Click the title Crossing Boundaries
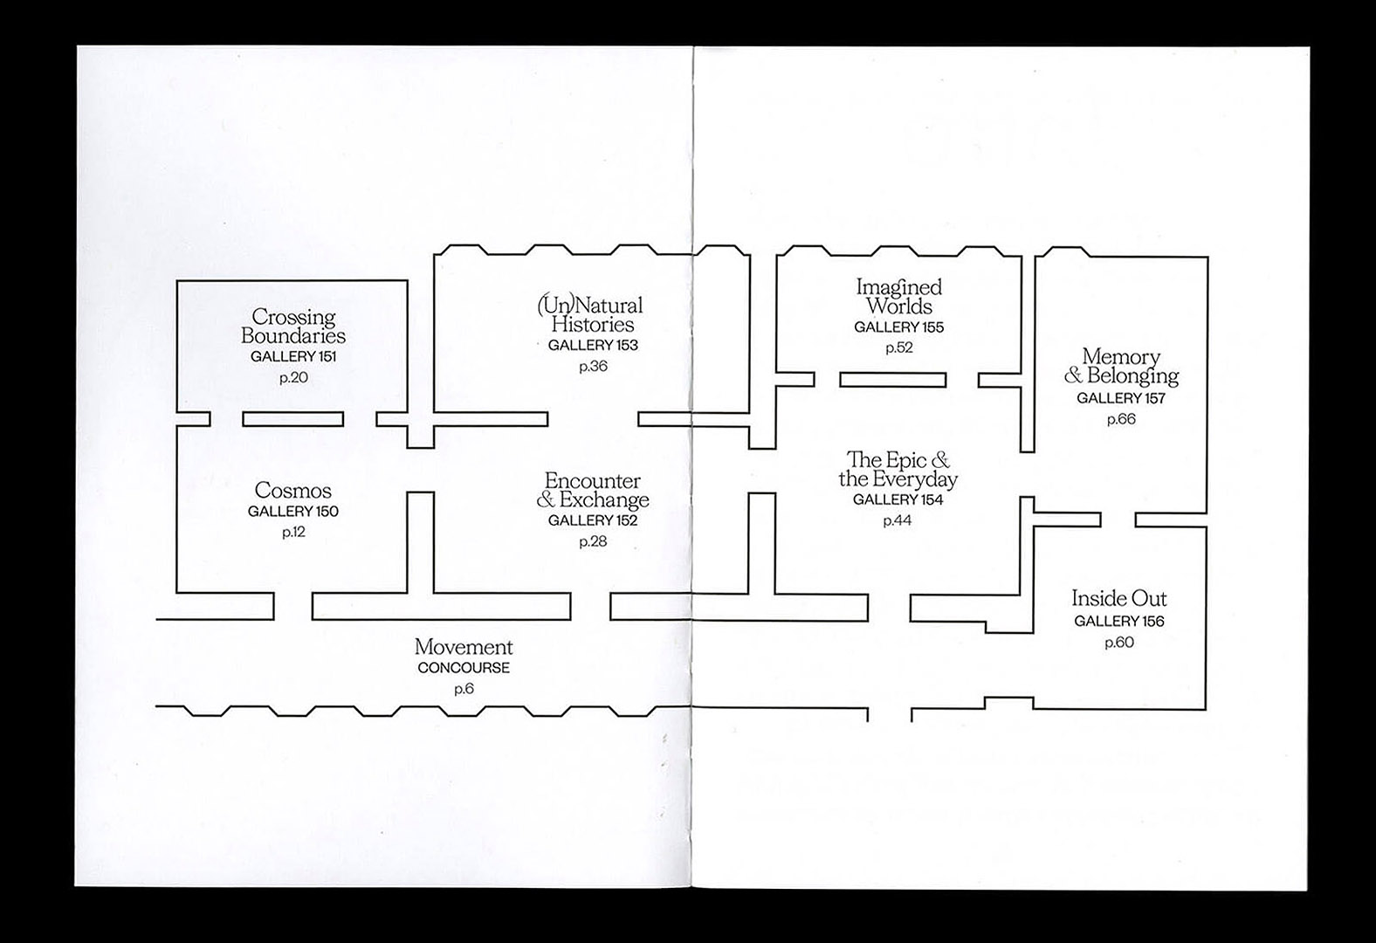click(293, 326)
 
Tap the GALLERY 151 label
click(293, 356)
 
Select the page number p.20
click(293, 378)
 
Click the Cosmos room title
click(293, 491)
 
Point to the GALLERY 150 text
click(293, 512)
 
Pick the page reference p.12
click(293, 533)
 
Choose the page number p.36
click(593, 367)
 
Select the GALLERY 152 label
click(593, 520)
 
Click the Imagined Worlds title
click(898, 296)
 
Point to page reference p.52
click(898, 348)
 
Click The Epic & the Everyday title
click(898, 469)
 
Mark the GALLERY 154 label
click(898, 500)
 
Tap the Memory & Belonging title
click(1121, 367)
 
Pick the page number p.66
click(1121, 419)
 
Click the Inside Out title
click(1118, 599)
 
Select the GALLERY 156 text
click(1118, 622)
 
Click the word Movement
click(464, 647)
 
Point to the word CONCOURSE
click(464, 668)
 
